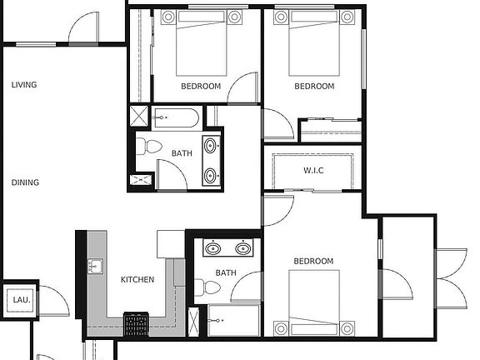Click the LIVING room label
[24, 85]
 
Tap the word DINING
[25, 182]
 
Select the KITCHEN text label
[137, 280]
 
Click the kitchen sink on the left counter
[96, 267]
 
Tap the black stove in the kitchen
[134, 322]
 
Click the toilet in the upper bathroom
[149, 147]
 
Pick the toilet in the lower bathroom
[211, 288]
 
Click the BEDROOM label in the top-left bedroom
[201, 87]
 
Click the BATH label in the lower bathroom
[226, 272]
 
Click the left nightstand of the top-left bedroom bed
[167, 17]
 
